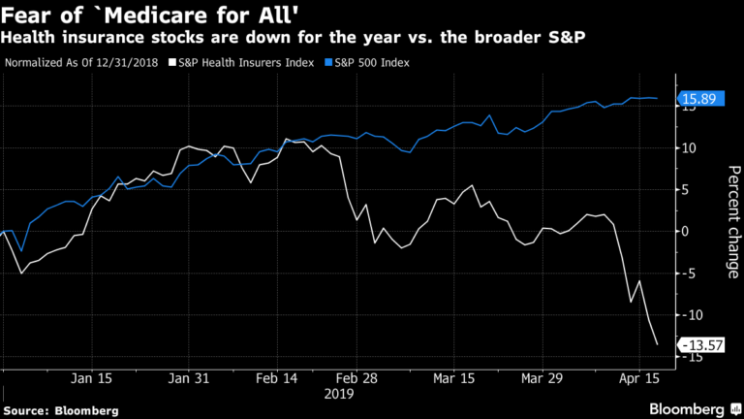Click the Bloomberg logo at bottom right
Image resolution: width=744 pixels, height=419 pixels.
[691, 408]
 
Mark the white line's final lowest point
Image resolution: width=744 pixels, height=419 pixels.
[658, 344]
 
